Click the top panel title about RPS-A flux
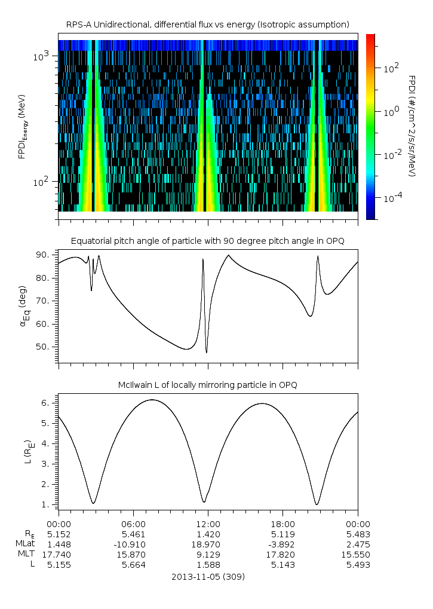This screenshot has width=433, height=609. coord(207,24)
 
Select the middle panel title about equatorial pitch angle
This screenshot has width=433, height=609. coord(207,241)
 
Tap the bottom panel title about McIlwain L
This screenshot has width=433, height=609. coord(207,384)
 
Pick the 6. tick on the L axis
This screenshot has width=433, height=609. coord(49,403)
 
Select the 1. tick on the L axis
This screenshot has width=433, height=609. coord(49,504)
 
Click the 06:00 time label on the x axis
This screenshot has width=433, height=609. coord(133,524)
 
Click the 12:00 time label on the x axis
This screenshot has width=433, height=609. coord(208,524)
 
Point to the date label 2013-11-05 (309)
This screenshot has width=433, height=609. coord(207,577)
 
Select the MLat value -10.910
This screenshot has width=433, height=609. coord(133,544)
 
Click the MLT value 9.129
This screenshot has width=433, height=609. coord(208,554)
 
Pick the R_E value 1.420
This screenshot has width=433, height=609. coord(208,534)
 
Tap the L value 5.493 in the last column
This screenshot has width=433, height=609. coord(358,564)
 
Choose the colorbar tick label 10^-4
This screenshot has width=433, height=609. coord(391,198)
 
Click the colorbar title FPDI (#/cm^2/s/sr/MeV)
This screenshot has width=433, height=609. coord(412,126)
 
